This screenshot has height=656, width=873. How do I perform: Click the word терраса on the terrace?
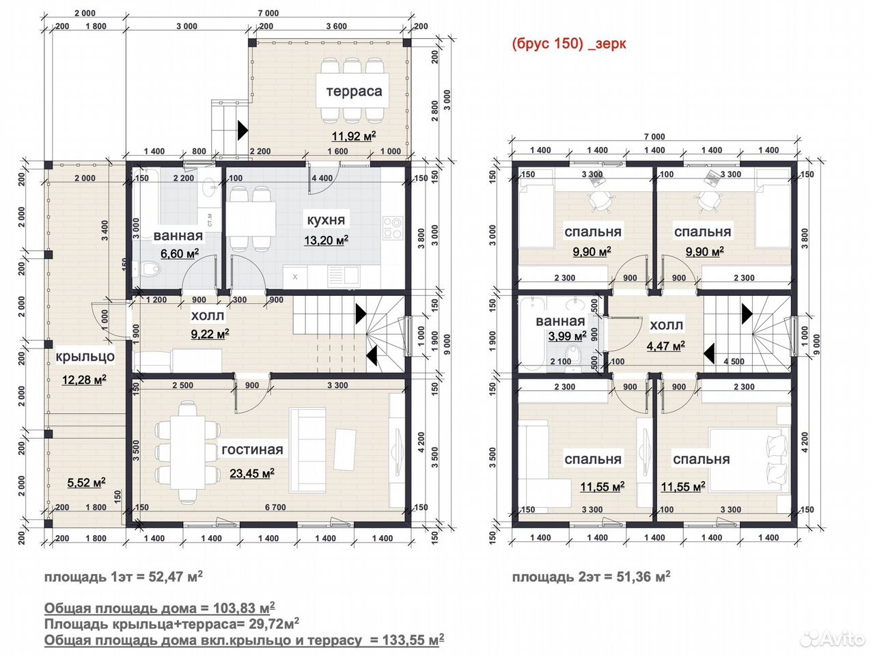(x=354, y=92)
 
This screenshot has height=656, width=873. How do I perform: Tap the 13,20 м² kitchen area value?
(x=326, y=241)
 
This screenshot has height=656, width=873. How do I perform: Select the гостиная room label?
(x=252, y=450)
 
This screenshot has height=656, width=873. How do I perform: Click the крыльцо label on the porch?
(x=85, y=357)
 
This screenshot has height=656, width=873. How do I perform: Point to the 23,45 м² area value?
(x=252, y=474)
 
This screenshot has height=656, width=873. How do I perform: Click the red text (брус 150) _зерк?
(x=569, y=43)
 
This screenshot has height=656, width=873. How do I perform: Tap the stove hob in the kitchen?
(x=392, y=228)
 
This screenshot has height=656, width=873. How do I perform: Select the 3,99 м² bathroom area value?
(x=567, y=336)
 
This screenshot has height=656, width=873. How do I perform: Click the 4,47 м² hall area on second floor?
(x=665, y=346)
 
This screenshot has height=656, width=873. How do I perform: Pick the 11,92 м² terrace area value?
(x=354, y=136)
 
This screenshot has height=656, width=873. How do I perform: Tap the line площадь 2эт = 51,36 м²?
(x=591, y=577)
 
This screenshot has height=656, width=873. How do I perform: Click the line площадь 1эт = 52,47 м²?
(x=123, y=577)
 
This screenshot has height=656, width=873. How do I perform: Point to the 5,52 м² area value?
(x=86, y=482)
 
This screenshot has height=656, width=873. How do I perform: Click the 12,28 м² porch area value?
(x=84, y=380)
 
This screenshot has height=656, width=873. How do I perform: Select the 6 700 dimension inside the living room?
(x=275, y=507)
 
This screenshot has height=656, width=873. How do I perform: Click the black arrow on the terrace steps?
(x=242, y=130)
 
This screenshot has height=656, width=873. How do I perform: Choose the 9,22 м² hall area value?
(x=210, y=333)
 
